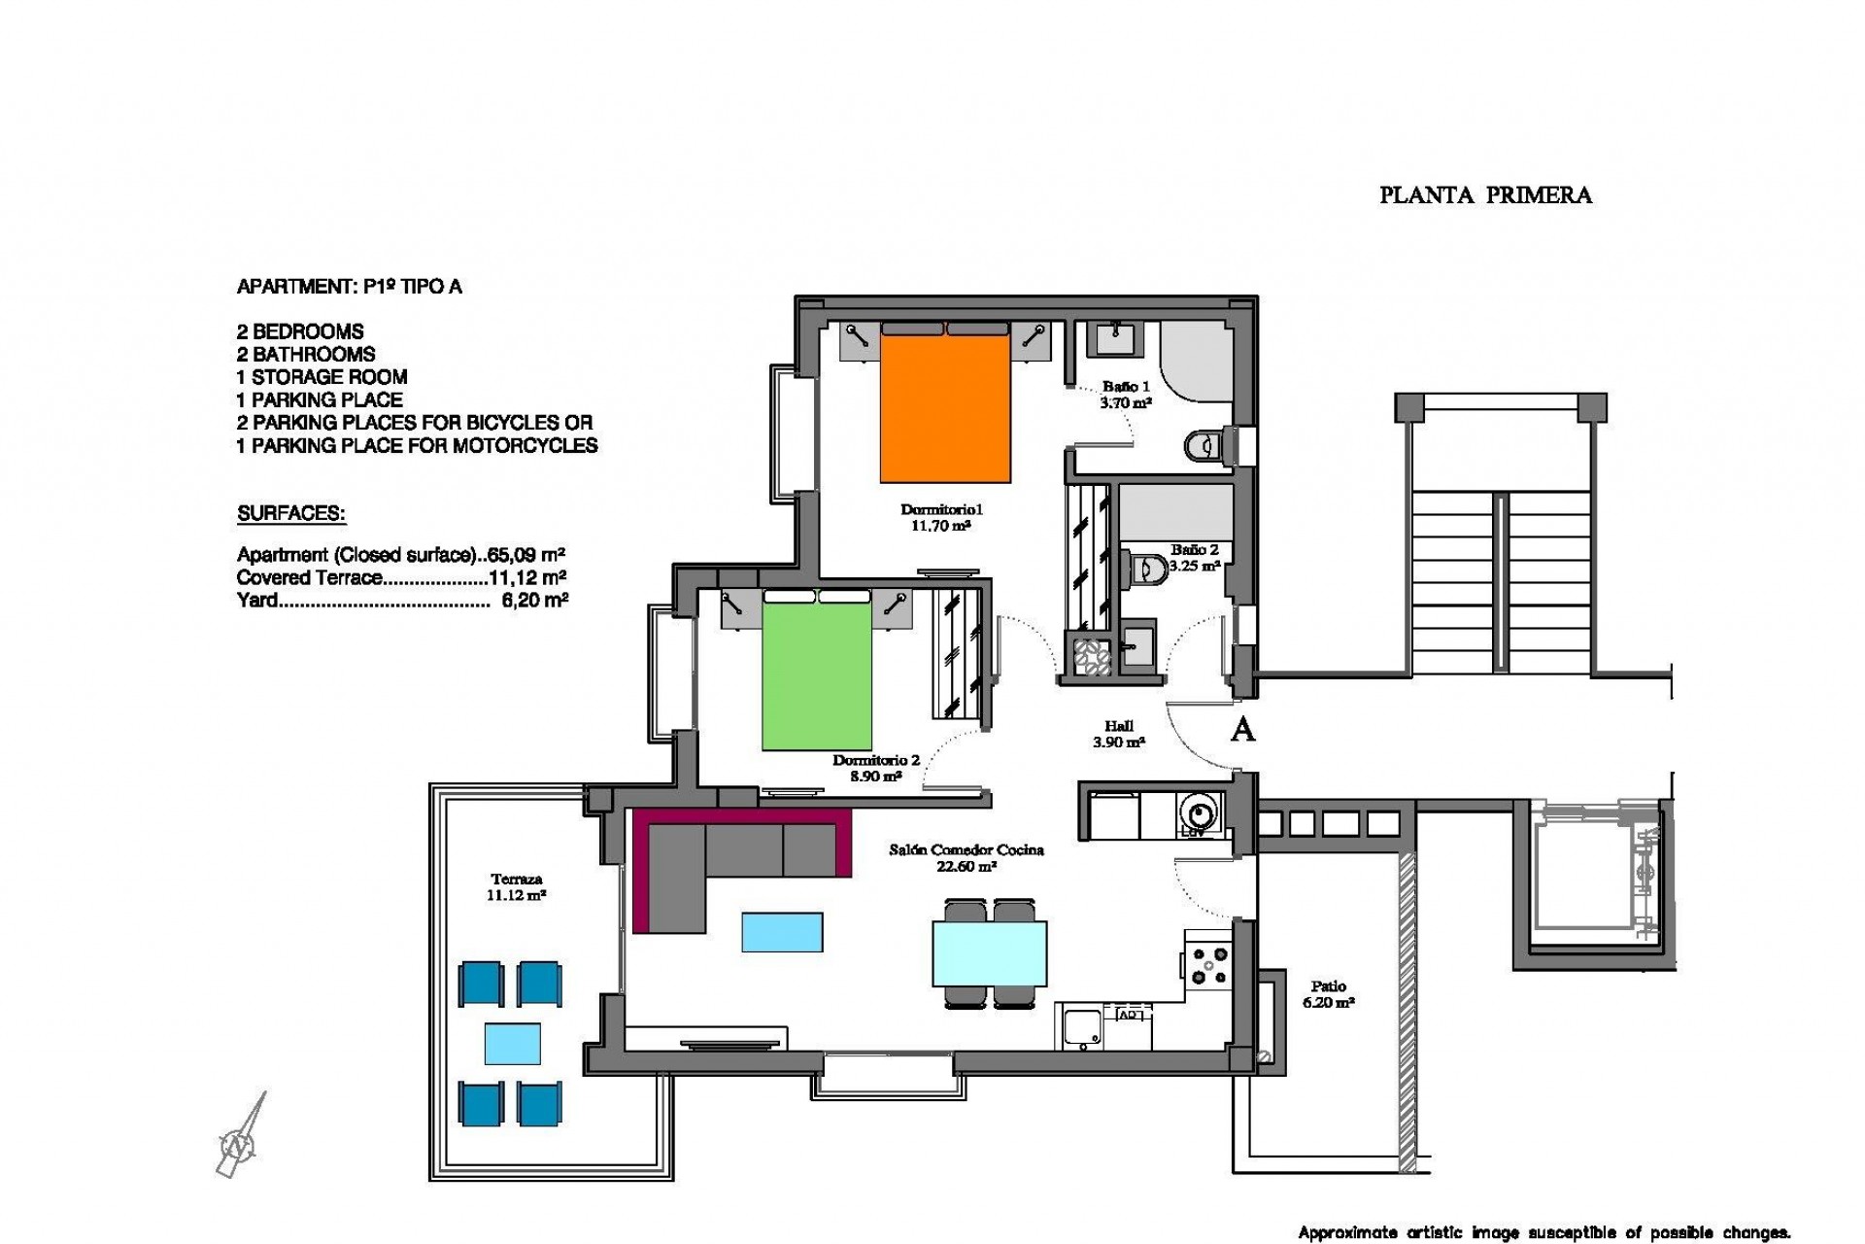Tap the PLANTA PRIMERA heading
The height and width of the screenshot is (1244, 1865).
tap(1485, 195)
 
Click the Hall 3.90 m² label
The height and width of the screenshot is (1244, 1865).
tap(1119, 734)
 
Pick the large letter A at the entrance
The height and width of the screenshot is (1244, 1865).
tap(1242, 729)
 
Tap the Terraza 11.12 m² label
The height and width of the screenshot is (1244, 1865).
tap(515, 887)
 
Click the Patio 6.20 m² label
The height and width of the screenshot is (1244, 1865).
tap(1328, 993)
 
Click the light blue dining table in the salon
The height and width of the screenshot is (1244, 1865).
tap(989, 953)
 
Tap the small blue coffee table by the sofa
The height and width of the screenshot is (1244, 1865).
tap(782, 931)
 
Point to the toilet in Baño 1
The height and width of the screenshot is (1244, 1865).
tap(1202, 446)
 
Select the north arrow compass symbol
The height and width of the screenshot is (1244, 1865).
tap(239, 1143)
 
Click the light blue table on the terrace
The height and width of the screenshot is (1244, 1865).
tap(512, 1043)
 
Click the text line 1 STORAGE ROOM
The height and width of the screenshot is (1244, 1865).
tap(322, 377)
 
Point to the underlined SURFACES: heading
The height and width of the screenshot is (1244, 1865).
tap(291, 513)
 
